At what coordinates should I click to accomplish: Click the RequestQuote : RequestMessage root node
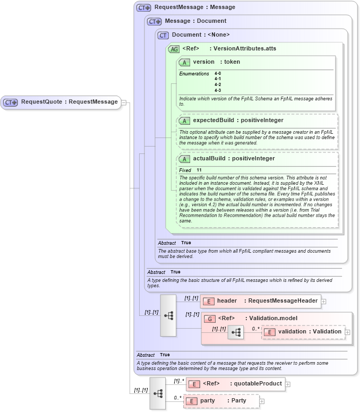click(62, 102)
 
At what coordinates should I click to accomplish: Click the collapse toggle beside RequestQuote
click(124, 102)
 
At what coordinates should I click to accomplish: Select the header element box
click(261, 301)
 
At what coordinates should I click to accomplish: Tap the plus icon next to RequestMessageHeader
click(323, 301)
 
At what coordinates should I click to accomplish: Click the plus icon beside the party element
click(262, 401)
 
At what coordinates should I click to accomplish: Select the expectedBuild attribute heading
click(238, 121)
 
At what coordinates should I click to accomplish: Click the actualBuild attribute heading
click(234, 159)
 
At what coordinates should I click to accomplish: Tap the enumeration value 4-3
click(218, 90)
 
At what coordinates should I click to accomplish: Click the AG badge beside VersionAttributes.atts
click(174, 49)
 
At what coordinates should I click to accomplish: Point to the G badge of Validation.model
click(210, 319)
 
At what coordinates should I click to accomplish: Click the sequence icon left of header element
click(168, 315)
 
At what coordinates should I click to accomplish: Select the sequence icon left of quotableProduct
click(158, 393)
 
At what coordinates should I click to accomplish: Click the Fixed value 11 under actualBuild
click(199, 170)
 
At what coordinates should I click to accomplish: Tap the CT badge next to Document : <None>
click(163, 35)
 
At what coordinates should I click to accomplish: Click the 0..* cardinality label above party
click(177, 397)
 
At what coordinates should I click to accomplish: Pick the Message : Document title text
click(195, 21)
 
